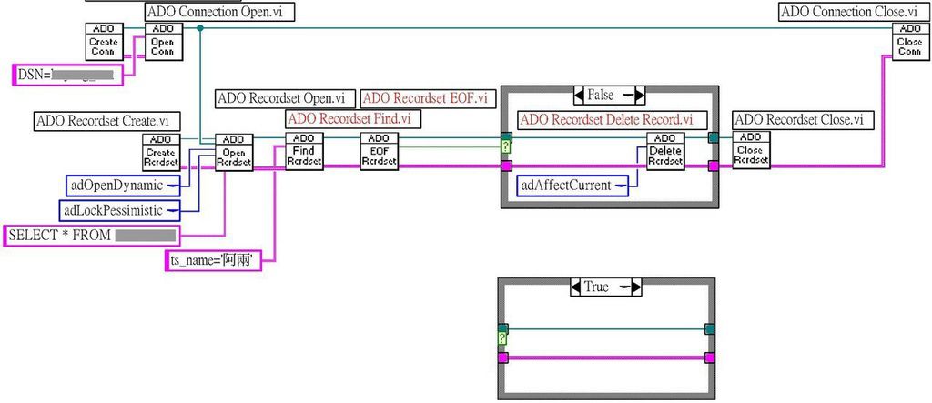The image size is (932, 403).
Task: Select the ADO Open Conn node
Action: (164, 42)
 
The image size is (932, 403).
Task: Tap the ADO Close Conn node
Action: (909, 42)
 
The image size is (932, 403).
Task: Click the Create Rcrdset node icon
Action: (160, 152)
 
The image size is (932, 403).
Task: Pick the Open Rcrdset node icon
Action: (233, 152)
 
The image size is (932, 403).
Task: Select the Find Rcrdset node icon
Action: (305, 152)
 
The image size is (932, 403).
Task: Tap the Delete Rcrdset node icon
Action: (665, 152)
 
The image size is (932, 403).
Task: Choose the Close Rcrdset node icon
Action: (752, 152)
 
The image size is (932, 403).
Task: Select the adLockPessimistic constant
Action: (116, 210)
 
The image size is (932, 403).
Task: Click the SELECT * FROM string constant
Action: (90, 236)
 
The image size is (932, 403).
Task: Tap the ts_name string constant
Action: (211, 261)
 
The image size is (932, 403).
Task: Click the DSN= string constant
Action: (66, 75)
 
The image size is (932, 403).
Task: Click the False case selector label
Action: (609, 95)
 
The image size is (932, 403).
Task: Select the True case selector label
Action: (605, 287)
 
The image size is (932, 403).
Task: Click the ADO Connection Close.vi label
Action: (848, 12)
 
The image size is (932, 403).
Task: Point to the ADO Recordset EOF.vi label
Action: (425, 97)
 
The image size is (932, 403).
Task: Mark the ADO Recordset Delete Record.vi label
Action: (606, 119)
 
